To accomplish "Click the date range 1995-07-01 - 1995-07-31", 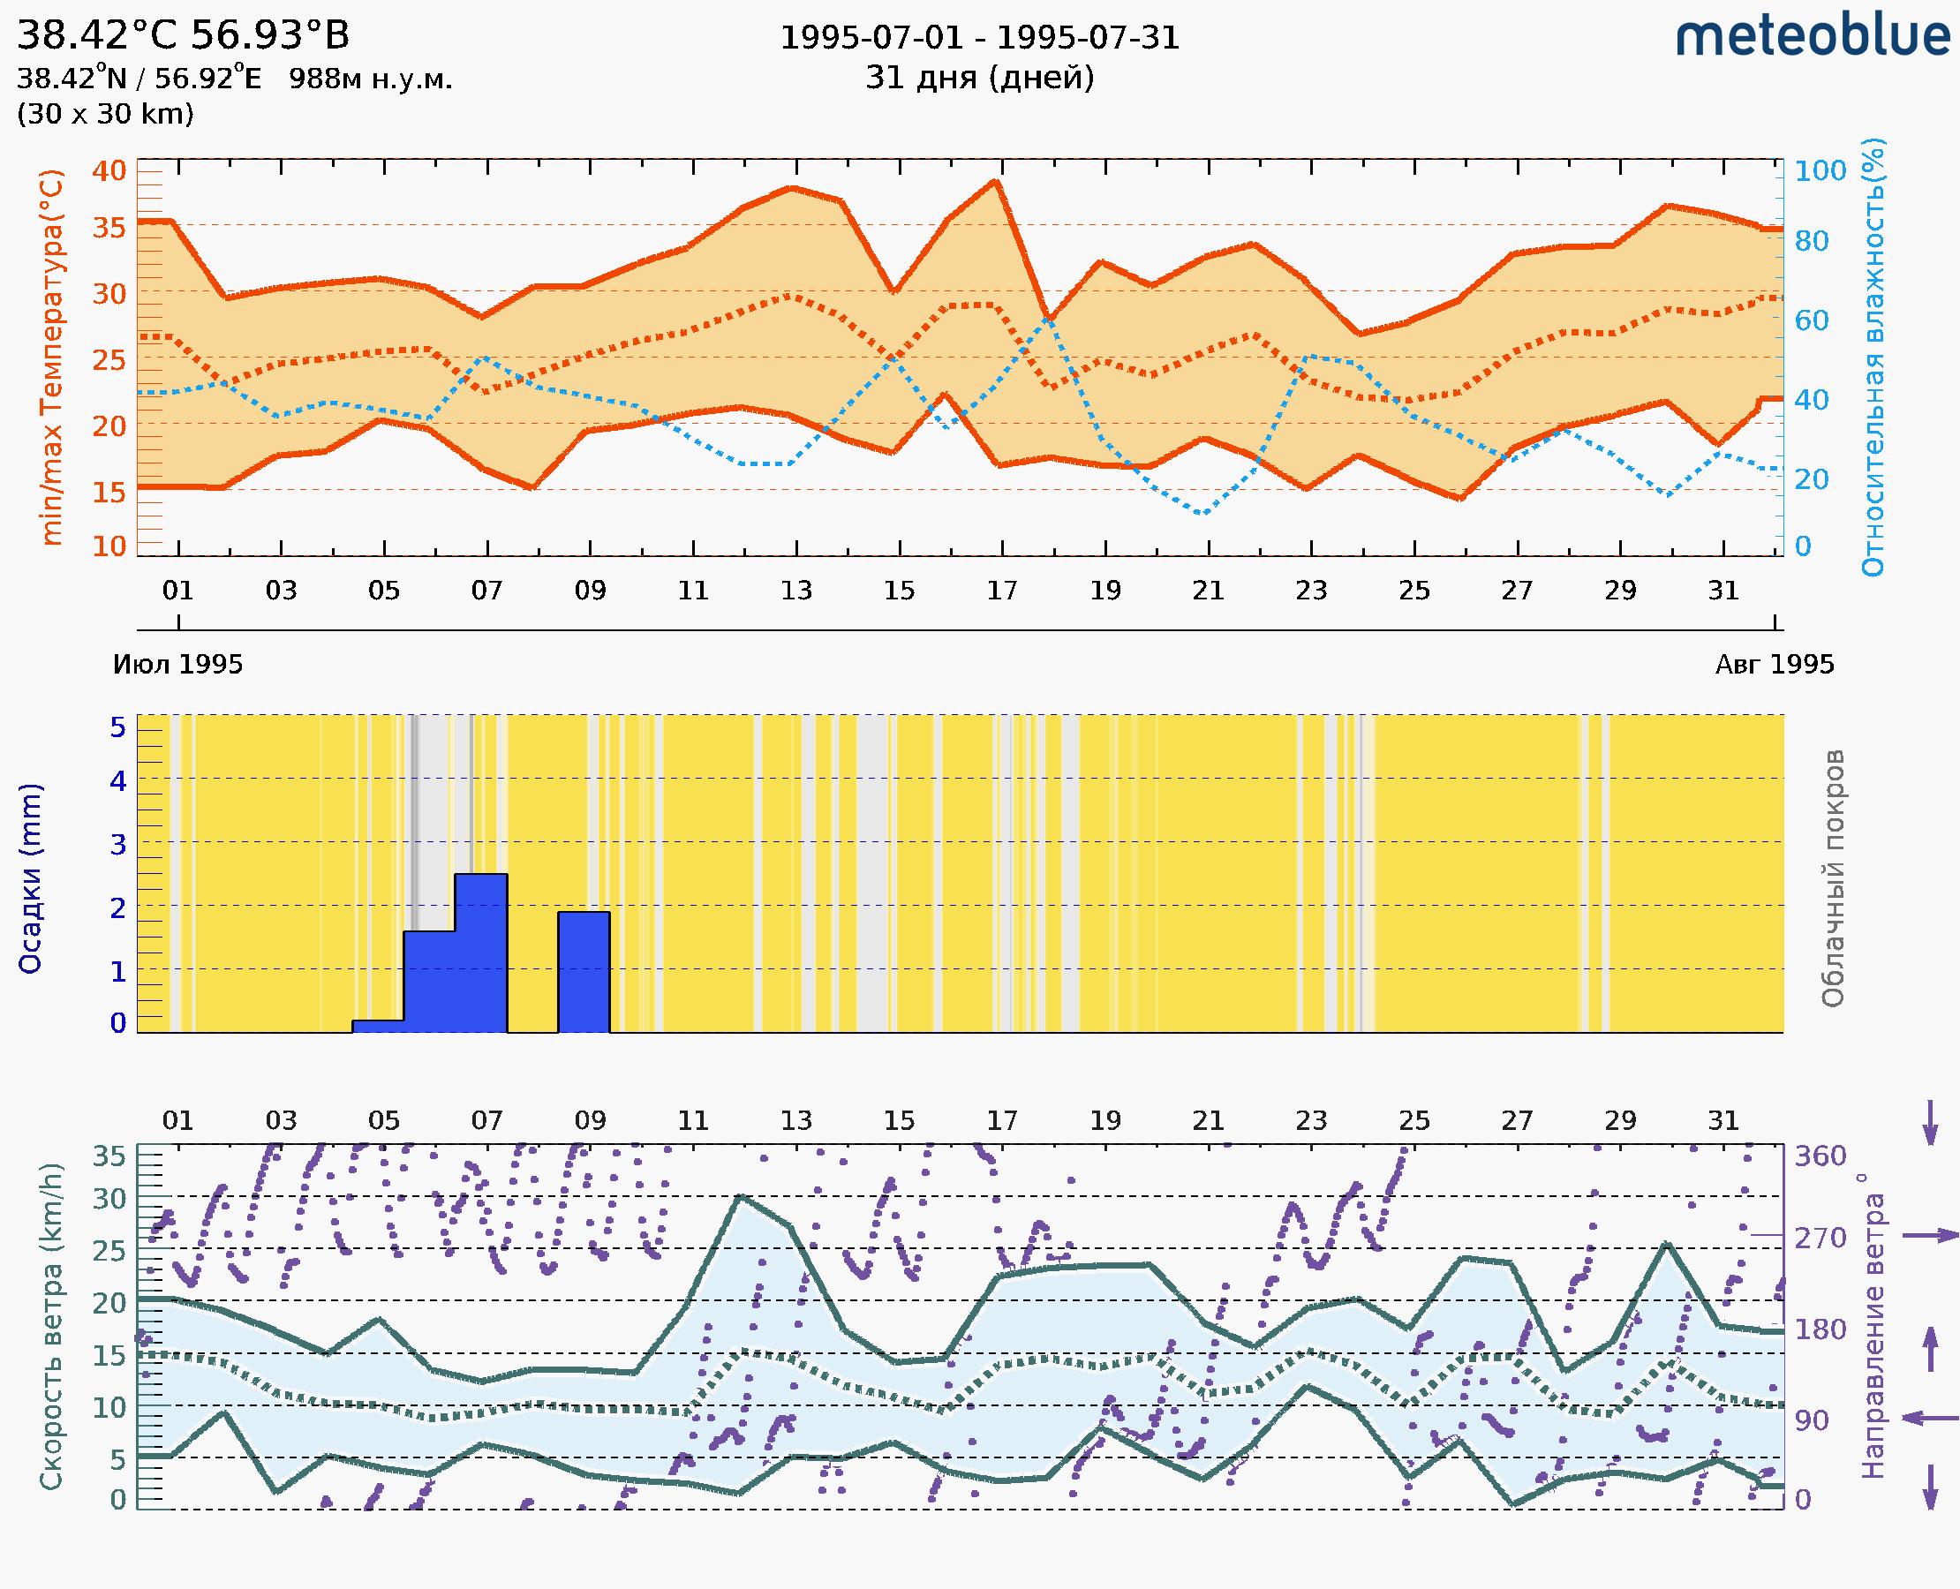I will coord(979,38).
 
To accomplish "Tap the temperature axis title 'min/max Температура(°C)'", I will coord(52,357).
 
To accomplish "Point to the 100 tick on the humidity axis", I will coord(1820,171).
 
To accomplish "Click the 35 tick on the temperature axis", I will coord(109,227).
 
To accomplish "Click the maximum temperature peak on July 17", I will coord(997,181).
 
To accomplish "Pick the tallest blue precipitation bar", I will coord(480,953).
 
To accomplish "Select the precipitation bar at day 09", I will coord(584,972).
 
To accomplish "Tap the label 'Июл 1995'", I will coord(177,665).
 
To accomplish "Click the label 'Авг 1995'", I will coord(1775,665).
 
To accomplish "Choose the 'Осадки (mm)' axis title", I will coord(30,878).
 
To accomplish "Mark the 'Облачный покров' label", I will coord(1833,878).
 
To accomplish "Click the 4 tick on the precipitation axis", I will coord(118,780).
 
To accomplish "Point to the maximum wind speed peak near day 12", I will coord(740,1196).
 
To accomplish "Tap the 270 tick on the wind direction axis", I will coord(1820,1238).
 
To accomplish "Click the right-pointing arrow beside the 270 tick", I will coord(1930,1236).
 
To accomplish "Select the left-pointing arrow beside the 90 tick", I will coord(1930,1419).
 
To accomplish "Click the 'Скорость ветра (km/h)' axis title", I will coord(51,1326).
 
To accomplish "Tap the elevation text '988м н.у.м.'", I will coord(371,79).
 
